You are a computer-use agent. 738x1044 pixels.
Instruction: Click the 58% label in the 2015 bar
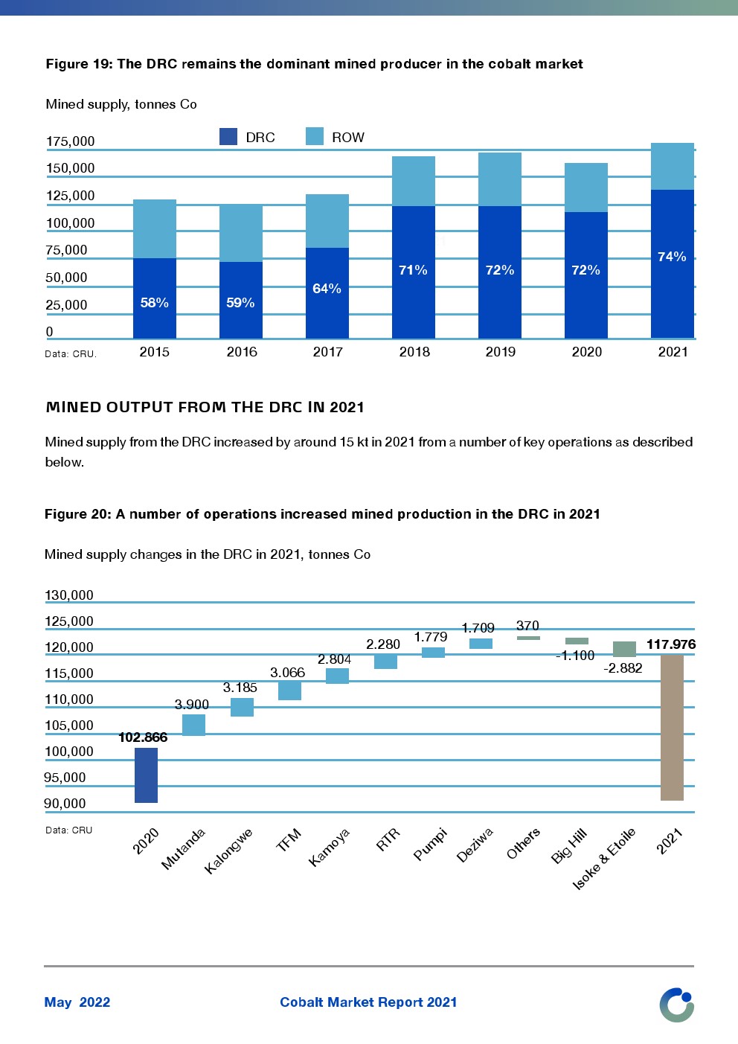pyautogui.click(x=154, y=303)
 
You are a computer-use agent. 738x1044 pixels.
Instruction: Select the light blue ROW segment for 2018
pyautogui.click(x=414, y=181)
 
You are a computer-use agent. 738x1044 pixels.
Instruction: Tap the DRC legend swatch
pyautogui.click(x=228, y=137)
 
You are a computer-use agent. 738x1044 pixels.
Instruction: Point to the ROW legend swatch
pyautogui.click(x=315, y=137)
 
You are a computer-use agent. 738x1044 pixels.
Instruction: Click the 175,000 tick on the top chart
pyautogui.click(x=71, y=141)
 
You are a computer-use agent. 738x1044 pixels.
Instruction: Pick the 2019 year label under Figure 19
pyautogui.click(x=500, y=352)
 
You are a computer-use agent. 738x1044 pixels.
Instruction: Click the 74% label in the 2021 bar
pyautogui.click(x=672, y=257)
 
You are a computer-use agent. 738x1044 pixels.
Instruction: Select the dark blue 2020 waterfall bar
pyautogui.click(x=146, y=775)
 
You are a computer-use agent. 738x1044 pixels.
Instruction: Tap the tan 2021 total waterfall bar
pyautogui.click(x=672, y=728)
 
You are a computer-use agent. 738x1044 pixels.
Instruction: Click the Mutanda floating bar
pyautogui.click(x=193, y=725)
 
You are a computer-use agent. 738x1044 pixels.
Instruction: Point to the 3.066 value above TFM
pyautogui.click(x=287, y=673)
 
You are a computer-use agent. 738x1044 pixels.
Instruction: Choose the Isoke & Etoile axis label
pyautogui.click(x=604, y=859)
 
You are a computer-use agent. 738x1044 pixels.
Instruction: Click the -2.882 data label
pyautogui.click(x=623, y=668)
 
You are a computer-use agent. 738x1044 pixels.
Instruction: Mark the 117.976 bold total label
pyautogui.click(x=671, y=644)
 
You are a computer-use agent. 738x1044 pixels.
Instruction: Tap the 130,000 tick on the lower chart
pyautogui.click(x=69, y=595)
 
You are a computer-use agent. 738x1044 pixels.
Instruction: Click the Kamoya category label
pyautogui.click(x=329, y=848)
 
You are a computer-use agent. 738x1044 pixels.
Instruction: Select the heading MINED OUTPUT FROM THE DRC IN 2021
pyautogui.click(x=205, y=407)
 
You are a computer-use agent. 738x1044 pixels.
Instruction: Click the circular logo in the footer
pyautogui.click(x=676, y=1005)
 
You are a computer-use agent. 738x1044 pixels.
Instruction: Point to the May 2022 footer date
pyautogui.click(x=77, y=1002)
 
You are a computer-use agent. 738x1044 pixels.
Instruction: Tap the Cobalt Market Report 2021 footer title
pyautogui.click(x=368, y=1002)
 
